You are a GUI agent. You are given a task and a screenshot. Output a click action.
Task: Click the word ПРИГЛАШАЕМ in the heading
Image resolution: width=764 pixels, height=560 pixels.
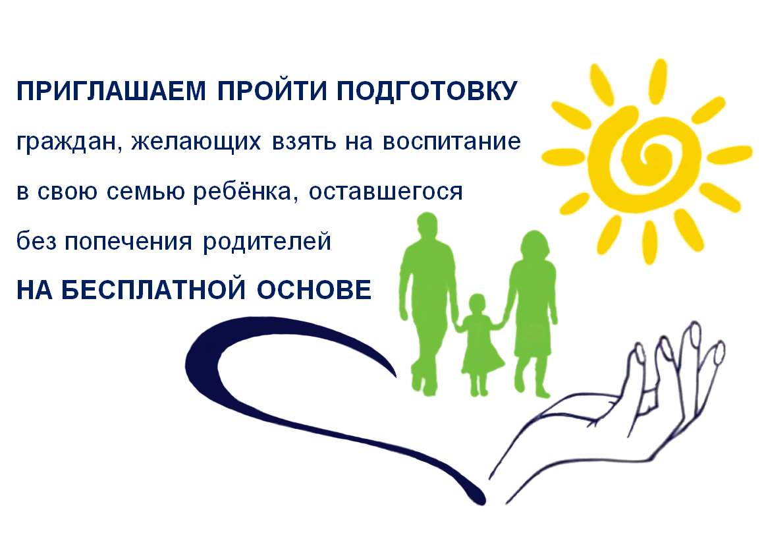[x=111, y=91]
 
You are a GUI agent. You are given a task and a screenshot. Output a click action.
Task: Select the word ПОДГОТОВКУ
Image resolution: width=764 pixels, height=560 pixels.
[x=427, y=91]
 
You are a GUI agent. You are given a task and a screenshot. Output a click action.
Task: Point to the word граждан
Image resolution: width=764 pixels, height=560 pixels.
[x=69, y=142]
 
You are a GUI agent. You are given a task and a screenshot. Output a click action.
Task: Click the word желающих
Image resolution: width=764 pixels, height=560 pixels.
[x=196, y=142]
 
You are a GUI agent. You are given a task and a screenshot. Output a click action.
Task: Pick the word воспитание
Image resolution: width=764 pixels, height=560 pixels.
[x=452, y=142]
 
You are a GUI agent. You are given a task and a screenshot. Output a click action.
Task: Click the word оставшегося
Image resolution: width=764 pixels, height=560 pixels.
[x=385, y=192]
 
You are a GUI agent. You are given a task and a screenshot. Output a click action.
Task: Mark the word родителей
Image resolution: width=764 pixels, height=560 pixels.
[x=267, y=240]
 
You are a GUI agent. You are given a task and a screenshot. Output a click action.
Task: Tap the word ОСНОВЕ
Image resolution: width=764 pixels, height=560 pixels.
[x=314, y=290]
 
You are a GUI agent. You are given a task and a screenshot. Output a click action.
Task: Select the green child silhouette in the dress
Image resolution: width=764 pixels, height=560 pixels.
[x=479, y=345]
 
